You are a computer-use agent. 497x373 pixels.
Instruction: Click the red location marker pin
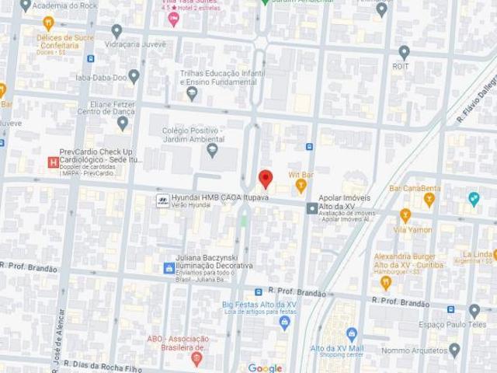pos(265,179)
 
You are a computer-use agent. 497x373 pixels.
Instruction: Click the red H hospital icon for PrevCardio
pos(52,162)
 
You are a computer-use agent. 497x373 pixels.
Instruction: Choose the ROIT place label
pos(402,67)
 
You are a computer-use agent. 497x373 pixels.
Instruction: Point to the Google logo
pos(265,367)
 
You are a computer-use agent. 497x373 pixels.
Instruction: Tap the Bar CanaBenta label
pos(415,189)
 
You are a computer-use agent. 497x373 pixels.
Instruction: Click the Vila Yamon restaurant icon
pos(405,214)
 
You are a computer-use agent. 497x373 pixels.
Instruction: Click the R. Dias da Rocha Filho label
pos(102,363)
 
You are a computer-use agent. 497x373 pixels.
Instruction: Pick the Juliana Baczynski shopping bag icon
pos(168,268)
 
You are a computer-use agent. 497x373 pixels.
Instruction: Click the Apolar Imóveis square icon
pos(311,207)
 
